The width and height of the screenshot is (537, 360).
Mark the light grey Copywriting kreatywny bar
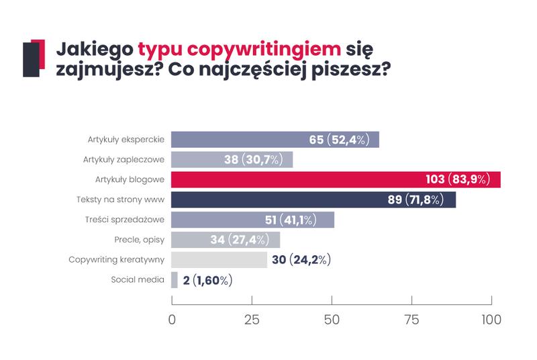click(219, 260)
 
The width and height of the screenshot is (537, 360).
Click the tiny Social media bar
click(175, 280)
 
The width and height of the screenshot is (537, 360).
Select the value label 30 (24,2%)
click(299, 260)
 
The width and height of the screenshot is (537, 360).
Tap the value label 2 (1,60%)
click(207, 280)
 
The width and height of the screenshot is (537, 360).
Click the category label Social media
click(138, 279)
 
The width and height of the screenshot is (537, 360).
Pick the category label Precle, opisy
click(140, 240)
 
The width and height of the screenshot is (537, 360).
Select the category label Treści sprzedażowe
click(126, 220)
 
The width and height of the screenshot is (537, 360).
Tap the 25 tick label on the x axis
click(252, 320)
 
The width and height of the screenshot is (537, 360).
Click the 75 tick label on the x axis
click(411, 320)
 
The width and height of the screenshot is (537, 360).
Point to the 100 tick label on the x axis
click(491, 320)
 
